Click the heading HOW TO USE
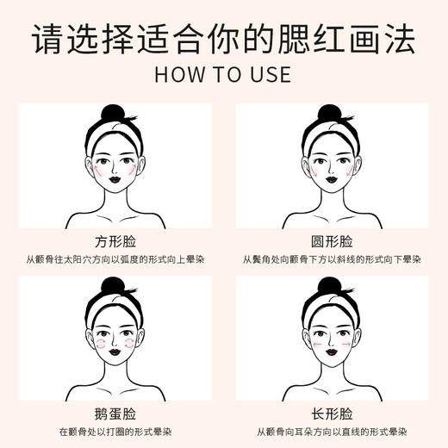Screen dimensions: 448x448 pos(223,74)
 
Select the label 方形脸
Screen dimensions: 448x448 pos(117,240)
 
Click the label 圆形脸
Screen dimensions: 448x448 pos(330,240)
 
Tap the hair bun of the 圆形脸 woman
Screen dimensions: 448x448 pos(327,114)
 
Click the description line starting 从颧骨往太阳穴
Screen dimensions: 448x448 pos(117,259)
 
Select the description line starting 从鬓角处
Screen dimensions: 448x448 pos(330,259)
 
